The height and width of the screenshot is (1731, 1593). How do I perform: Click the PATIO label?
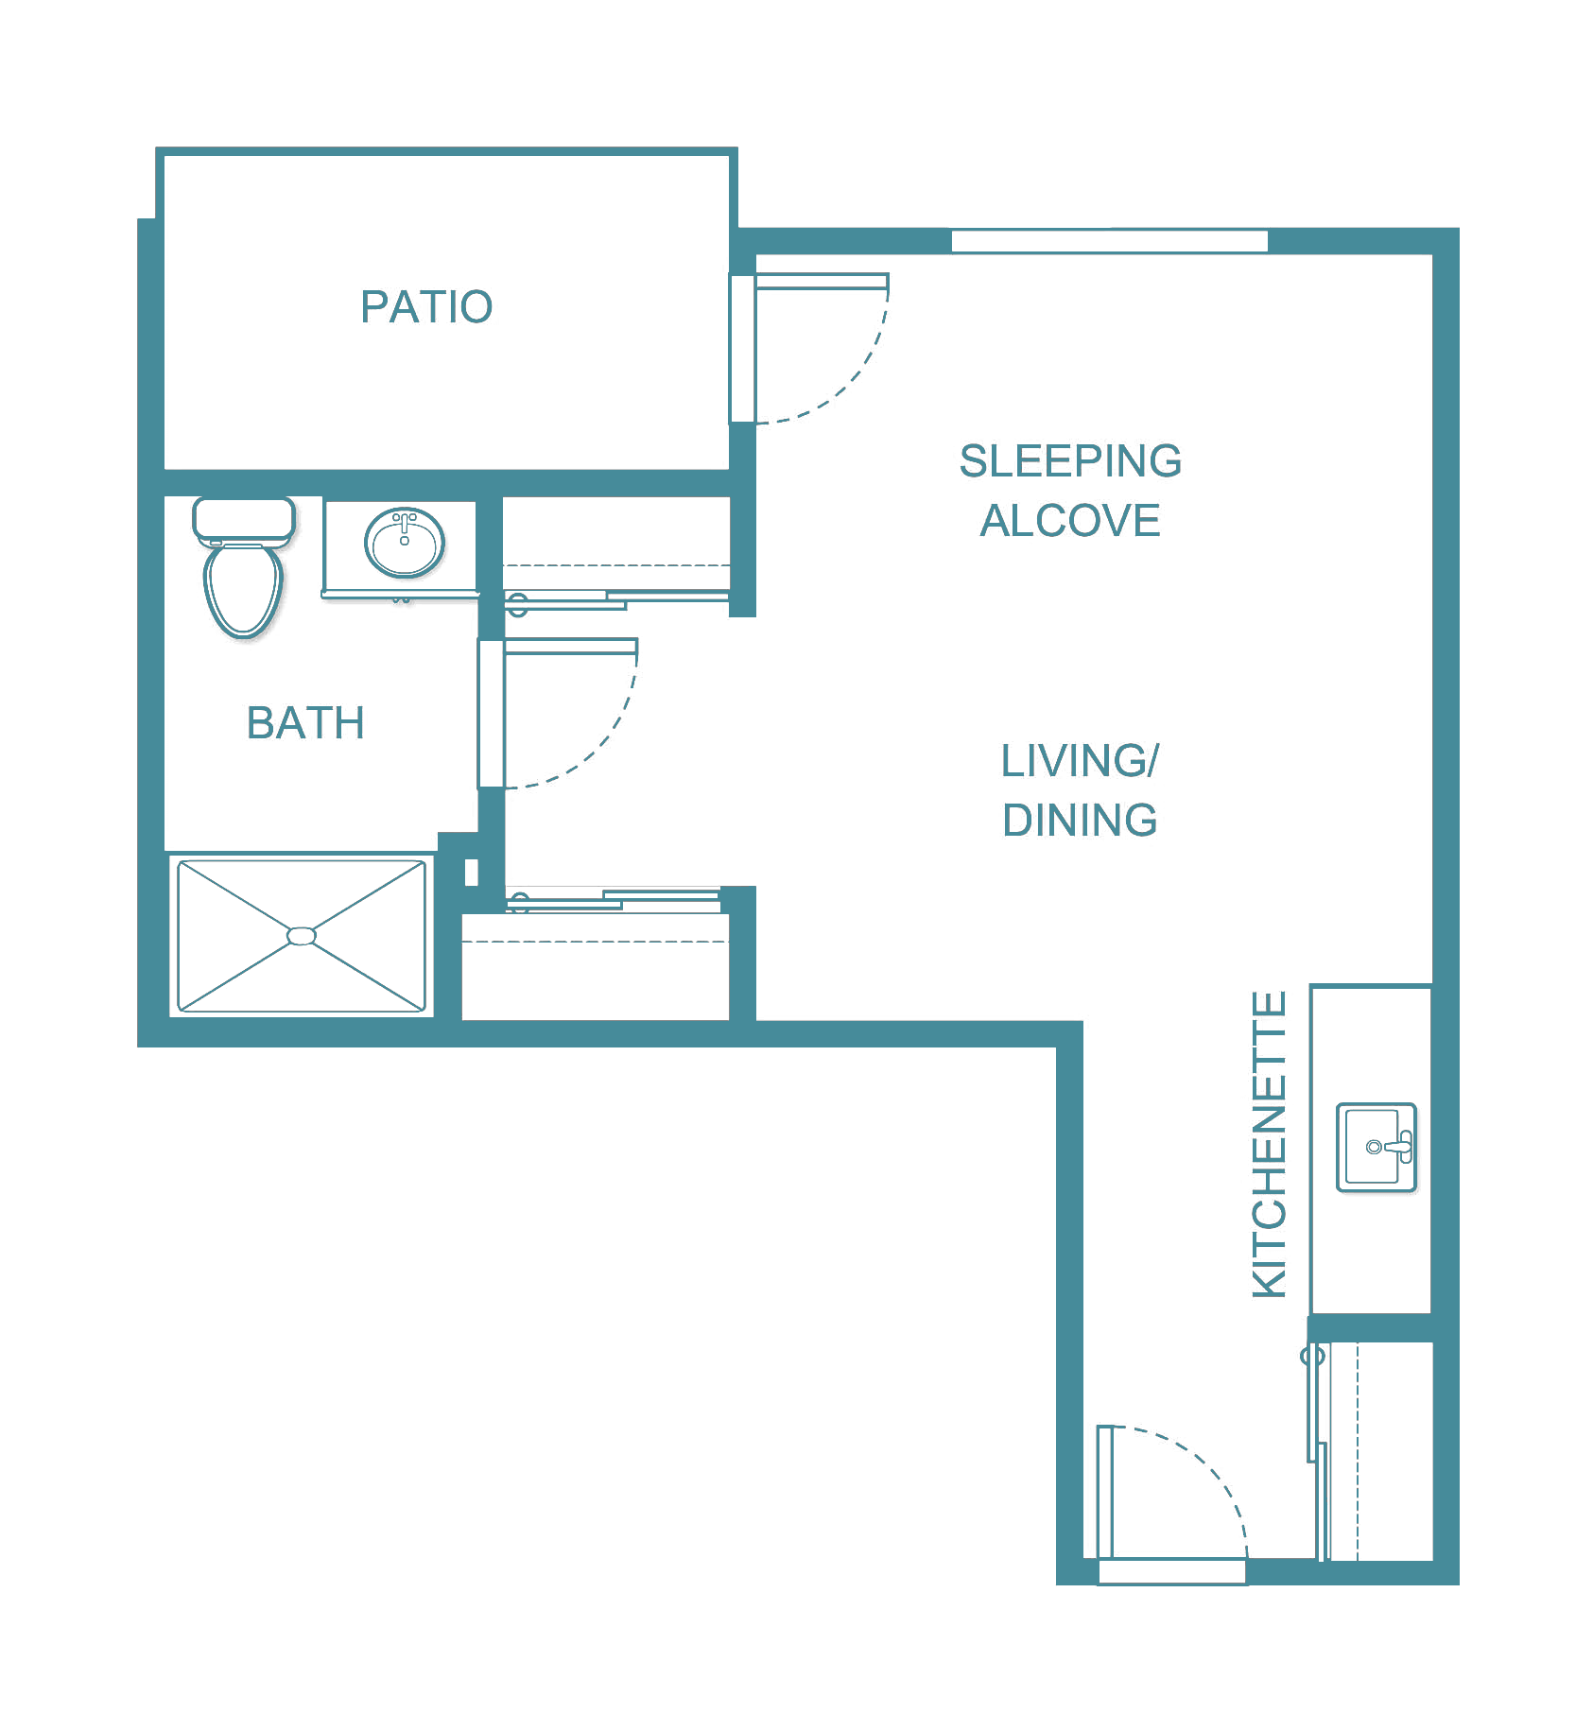[426, 307]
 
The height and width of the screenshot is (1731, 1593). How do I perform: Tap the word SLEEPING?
[1070, 461]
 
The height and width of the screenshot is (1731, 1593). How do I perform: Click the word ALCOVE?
[1070, 521]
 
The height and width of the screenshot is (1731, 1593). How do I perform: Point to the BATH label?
[305, 723]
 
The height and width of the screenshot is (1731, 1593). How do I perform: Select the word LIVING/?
[1080, 761]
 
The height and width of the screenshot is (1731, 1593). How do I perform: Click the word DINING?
[1080, 820]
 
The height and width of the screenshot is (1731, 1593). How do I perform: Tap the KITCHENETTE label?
[1269, 1144]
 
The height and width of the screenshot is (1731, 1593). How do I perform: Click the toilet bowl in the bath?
[243, 590]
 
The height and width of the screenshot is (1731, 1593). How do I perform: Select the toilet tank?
[244, 521]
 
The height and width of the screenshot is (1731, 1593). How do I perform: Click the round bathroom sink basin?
[405, 543]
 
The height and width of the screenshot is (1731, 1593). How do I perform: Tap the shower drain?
[302, 936]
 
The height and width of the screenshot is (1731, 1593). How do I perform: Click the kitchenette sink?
[1377, 1147]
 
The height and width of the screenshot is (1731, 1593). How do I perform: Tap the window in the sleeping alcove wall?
[1109, 241]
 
